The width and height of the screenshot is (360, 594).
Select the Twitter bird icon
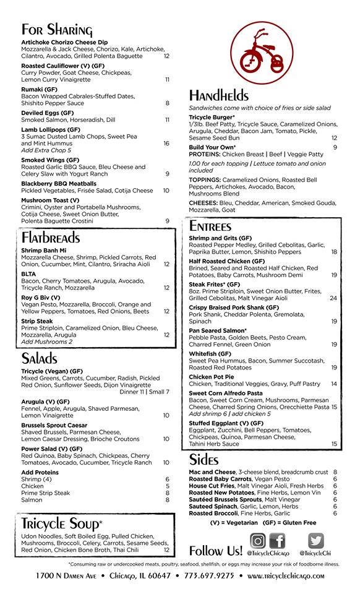[x=315, y=541]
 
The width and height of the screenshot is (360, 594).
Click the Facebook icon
[x=276, y=541]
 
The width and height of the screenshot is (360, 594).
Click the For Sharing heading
[x=57, y=30]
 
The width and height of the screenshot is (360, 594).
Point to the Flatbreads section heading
[x=51, y=237]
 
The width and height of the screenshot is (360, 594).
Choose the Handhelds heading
[x=219, y=95]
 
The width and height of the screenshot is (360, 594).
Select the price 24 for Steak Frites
[x=333, y=298]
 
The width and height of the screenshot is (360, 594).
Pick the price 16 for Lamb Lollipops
[x=166, y=143]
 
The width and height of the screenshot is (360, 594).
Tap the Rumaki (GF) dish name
[x=39, y=89]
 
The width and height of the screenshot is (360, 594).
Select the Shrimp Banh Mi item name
[x=45, y=251]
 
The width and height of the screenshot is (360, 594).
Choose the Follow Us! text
[x=216, y=551]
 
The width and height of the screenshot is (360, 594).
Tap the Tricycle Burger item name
[x=212, y=117]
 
